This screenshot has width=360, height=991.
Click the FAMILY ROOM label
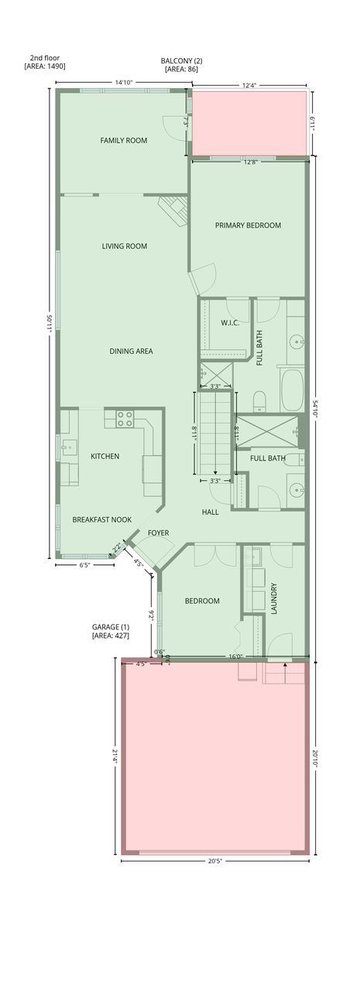click(x=123, y=141)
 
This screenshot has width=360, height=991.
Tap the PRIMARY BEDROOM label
click(x=248, y=225)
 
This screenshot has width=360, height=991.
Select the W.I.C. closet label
click(x=230, y=323)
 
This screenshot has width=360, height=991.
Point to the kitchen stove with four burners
click(x=125, y=419)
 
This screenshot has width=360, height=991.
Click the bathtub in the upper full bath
click(x=292, y=390)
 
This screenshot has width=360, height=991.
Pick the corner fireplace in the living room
click(x=174, y=211)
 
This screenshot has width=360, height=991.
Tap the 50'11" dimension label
click(x=51, y=323)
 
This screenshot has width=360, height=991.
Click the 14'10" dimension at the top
click(x=124, y=82)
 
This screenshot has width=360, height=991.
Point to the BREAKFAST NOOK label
click(x=101, y=520)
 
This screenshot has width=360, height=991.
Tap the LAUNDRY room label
click(x=273, y=598)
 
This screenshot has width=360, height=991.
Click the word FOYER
click(x=159, y=533)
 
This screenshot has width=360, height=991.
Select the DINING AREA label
click(x=132, y=351)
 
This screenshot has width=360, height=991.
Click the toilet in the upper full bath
click(x=259, y=401)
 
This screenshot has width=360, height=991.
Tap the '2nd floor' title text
click(x=45, y=58)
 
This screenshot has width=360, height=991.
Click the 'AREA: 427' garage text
click(x=111, y=636)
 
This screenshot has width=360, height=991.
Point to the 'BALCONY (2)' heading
click(x=181, y=61)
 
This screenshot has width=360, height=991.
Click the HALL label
click(x=211, y=513)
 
